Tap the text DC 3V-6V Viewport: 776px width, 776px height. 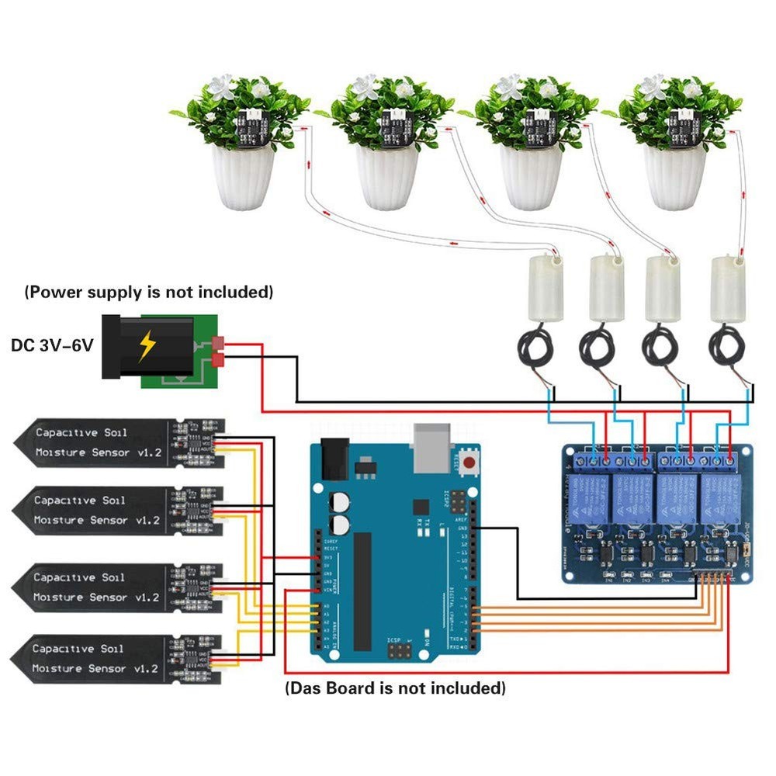point(51,344)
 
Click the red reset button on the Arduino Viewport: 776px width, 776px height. point(469,464)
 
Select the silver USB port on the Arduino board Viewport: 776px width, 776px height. point(431,448)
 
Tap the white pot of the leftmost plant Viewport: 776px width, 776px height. point(244,178)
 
